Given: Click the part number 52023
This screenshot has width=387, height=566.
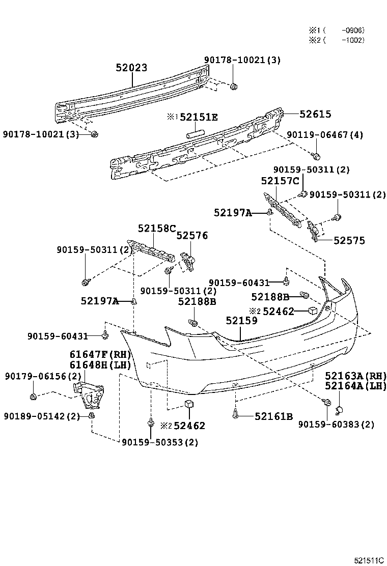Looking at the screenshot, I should [x=131, y=68].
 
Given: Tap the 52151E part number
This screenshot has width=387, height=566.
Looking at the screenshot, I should [x=198, y=118].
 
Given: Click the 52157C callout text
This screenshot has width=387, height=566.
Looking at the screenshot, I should [x=280, y=181].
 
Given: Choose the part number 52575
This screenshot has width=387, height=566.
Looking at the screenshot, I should [x=349, y=241].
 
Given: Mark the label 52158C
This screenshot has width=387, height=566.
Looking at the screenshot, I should [x=157, y=229].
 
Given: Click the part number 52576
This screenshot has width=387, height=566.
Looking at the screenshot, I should [x=192, y=235].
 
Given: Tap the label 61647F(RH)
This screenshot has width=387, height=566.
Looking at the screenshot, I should [x=100, y=354].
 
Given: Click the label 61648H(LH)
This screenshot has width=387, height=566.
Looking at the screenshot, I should [x=100, y=364].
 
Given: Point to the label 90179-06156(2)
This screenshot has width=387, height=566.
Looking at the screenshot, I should [x=43, y=376].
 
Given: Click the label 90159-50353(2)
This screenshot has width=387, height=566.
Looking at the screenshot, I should [x=160, y=442].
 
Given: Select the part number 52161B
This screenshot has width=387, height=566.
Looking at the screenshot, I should [x=273, y=416].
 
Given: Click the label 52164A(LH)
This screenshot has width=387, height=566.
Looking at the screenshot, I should [x=355, y=386].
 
